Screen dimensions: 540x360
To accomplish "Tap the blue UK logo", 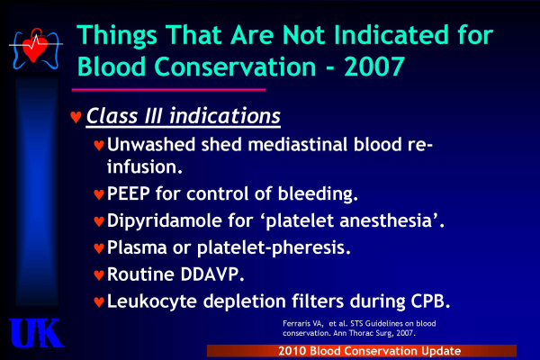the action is pos(36,333).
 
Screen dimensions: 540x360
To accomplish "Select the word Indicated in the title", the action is pos(391,35).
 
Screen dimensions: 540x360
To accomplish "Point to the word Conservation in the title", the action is pos(235,67).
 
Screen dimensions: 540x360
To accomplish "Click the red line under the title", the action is pos(168,90).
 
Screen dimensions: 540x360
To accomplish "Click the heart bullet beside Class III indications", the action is pos(76,117).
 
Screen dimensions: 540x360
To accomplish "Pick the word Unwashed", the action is pos(151,144).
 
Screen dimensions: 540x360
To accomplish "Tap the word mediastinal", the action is pos(298,144).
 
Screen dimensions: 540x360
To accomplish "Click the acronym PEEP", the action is pos(129,193).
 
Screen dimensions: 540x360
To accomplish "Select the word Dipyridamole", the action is pos(165,220).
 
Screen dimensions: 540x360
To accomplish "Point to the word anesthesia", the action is pos(385,220).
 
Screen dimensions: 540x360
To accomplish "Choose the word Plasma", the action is pos(137,247).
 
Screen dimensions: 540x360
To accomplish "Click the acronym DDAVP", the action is pos(210,274).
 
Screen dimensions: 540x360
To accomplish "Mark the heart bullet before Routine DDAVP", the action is pos(99,274).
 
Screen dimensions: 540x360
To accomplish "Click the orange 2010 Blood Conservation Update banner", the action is pos(362,351).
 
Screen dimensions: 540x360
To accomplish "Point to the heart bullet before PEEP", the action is pos(99,194).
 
